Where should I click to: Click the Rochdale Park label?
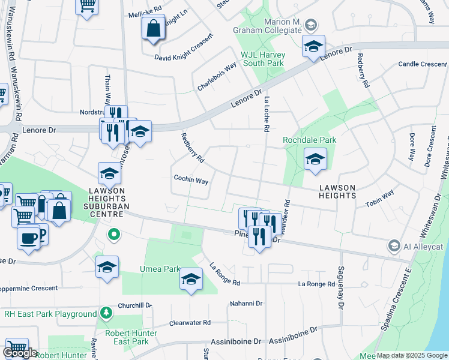[310, 140]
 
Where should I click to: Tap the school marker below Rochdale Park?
[315, 160]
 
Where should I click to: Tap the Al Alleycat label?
[423, 246]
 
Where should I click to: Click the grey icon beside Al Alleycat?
[394, 245]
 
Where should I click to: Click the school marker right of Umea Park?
[191, 279]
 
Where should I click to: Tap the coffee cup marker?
[28, 239]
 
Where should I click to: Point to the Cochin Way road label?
[191, 179]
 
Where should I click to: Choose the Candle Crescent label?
[423, 64]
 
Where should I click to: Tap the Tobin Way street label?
[379, 199]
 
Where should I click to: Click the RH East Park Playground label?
[50, 314]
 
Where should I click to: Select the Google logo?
[20, 353]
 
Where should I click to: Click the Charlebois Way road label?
[217, 77]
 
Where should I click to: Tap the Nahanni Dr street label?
[246, 304]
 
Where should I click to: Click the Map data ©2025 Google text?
[412, 355]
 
